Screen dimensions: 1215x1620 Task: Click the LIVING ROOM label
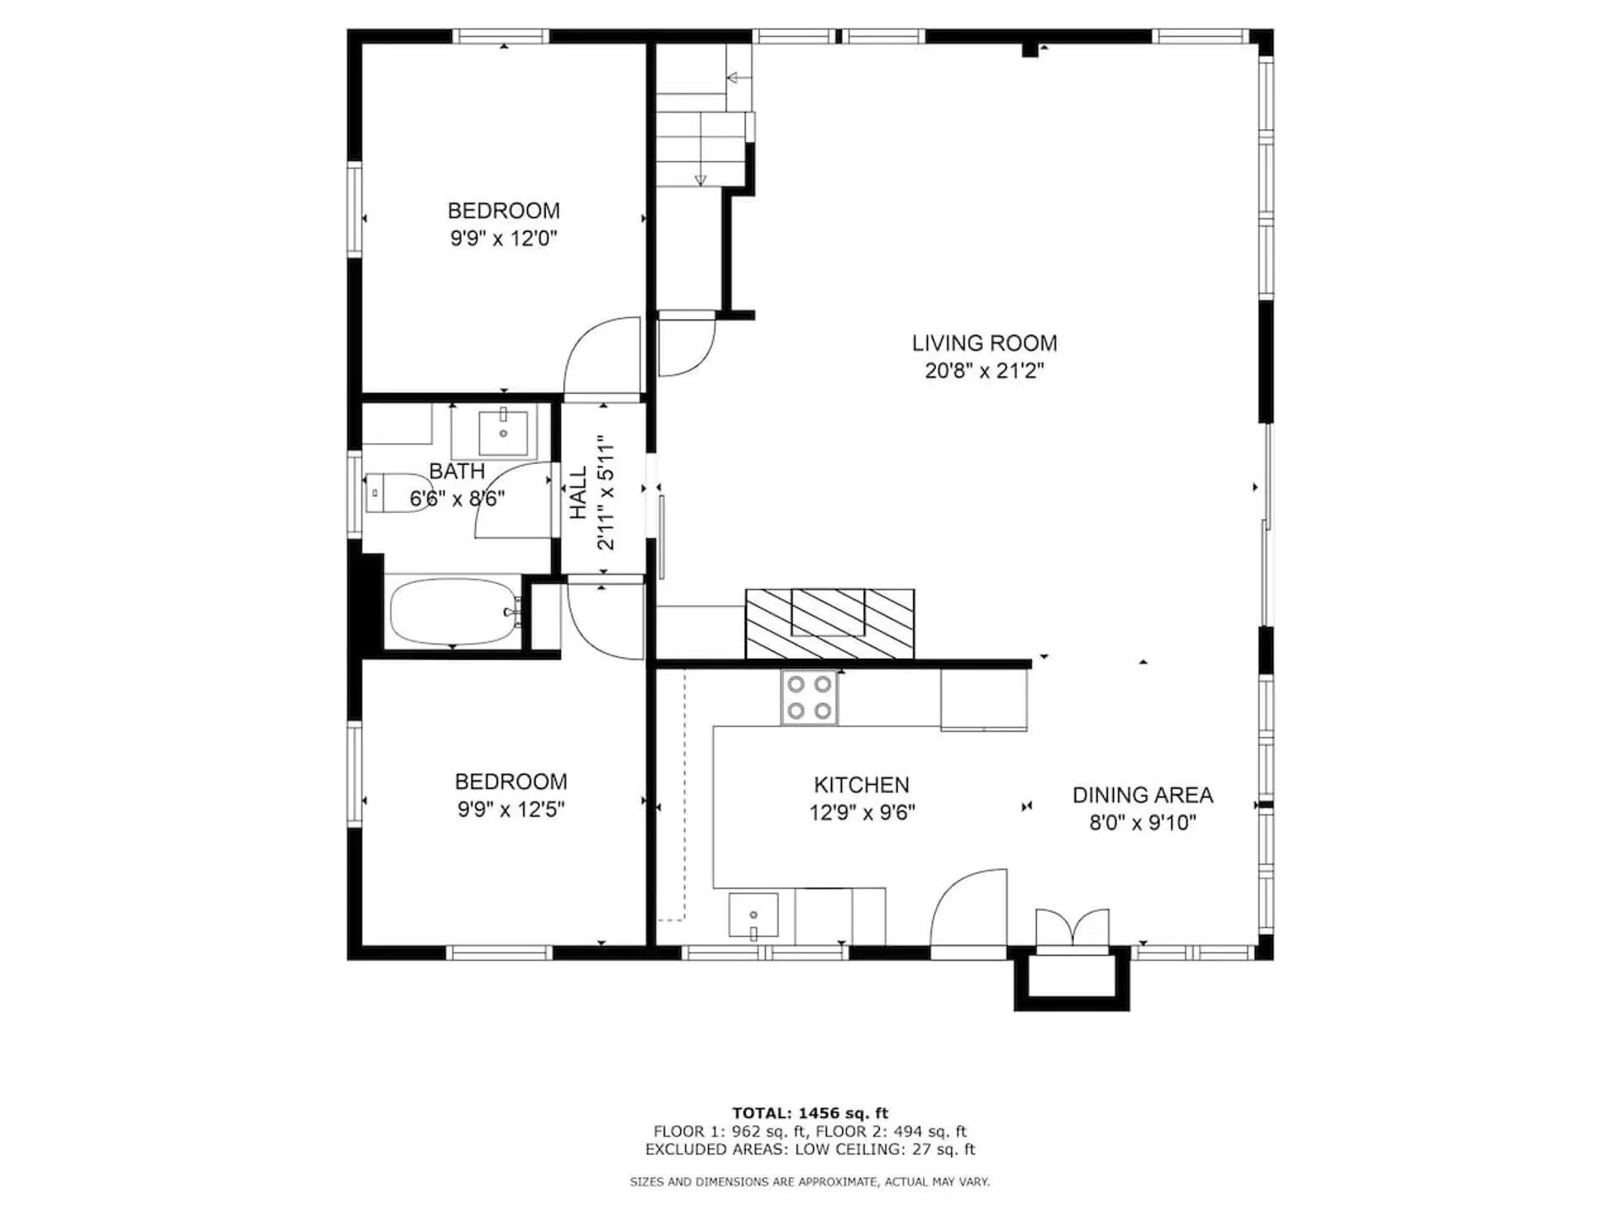tap(984, 343)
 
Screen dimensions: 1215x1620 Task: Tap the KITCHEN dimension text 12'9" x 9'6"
tap(861, 813)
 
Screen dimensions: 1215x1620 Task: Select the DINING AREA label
tap(1142, 795)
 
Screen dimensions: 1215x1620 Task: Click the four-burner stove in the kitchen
tap(809, 697)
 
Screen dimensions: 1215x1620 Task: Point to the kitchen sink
tap(753, 915)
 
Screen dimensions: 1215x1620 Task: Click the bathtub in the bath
tap(453, 612)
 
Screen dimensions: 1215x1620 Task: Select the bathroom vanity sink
tap(503, 433)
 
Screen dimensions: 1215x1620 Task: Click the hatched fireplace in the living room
tap(829, 623)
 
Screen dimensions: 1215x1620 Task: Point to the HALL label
tap(579, 493)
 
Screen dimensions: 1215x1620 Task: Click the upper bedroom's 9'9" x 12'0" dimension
tap(504, 239)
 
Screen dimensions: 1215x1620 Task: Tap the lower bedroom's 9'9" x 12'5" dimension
tap(510, 810)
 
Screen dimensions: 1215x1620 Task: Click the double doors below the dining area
tap(1072, 928)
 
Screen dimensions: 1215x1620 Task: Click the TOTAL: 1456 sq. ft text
tap(809, 1113)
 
